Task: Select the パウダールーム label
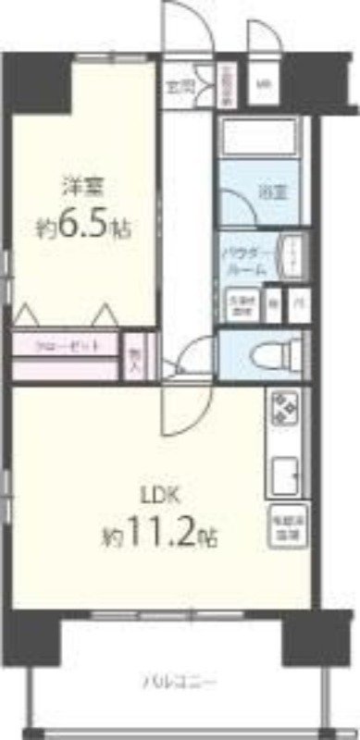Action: tap(246, 259)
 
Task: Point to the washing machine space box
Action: tap(241, 302)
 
